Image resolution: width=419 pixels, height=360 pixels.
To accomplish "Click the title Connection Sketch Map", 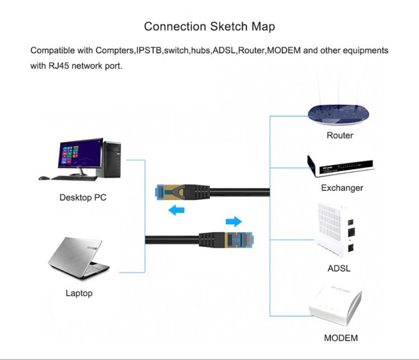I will point(209,26).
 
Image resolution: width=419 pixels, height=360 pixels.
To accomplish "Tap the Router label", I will point(340,135).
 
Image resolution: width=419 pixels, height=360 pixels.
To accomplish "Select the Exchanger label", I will point(342,188).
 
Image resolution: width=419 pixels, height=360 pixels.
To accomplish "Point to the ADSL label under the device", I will point(339,268).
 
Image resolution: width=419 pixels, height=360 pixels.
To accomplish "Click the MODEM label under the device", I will point(341,338).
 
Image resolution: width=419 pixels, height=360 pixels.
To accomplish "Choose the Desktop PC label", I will point(83,197).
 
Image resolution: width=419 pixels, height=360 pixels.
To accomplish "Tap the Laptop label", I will point(79,292).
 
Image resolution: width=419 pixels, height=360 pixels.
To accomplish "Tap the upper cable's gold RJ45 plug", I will point(164,193).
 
